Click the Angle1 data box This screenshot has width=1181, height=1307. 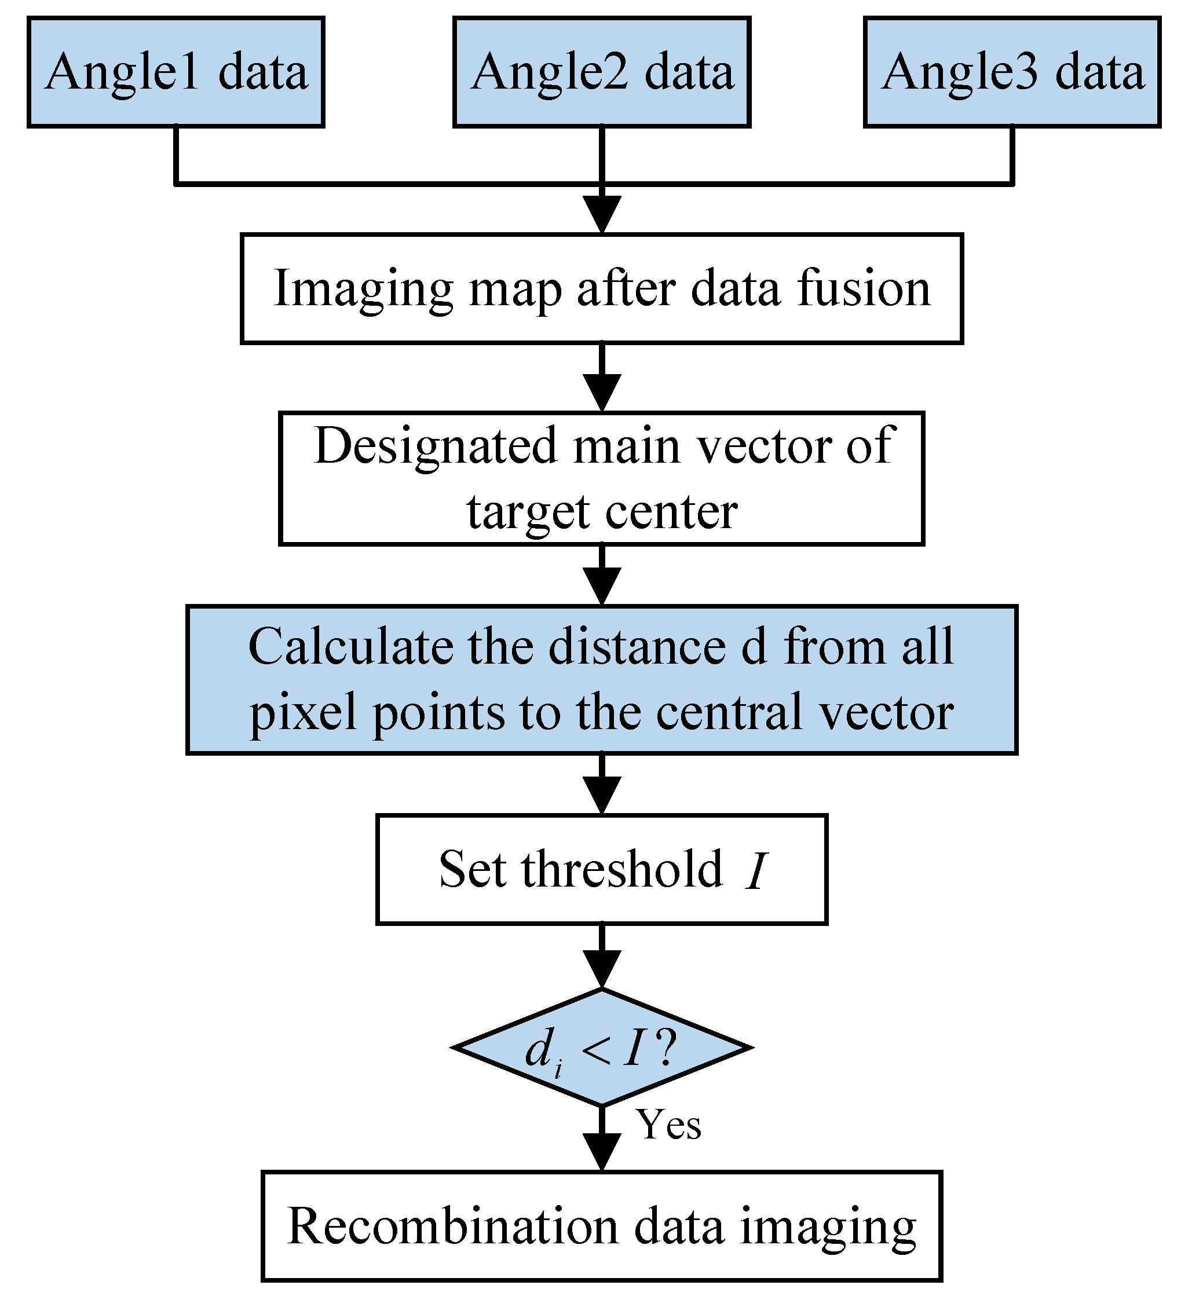point(175,72)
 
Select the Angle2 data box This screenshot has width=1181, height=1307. point(601,72)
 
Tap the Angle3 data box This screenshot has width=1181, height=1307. point(1012,72)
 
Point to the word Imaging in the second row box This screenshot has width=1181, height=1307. point(363,290)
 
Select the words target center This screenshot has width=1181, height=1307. point(601,512)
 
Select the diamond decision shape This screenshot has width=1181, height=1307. point(601,1048)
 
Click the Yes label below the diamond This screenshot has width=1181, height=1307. point(668,1125)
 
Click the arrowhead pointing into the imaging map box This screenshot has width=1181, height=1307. point(602,214)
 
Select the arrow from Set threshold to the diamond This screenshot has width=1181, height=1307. point(602,957)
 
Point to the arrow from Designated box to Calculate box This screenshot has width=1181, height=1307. point(602,576)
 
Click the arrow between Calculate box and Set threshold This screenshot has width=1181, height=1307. point(602,785)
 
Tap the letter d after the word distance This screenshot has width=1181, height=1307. point(754,647)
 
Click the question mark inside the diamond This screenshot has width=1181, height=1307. point(667,1048)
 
